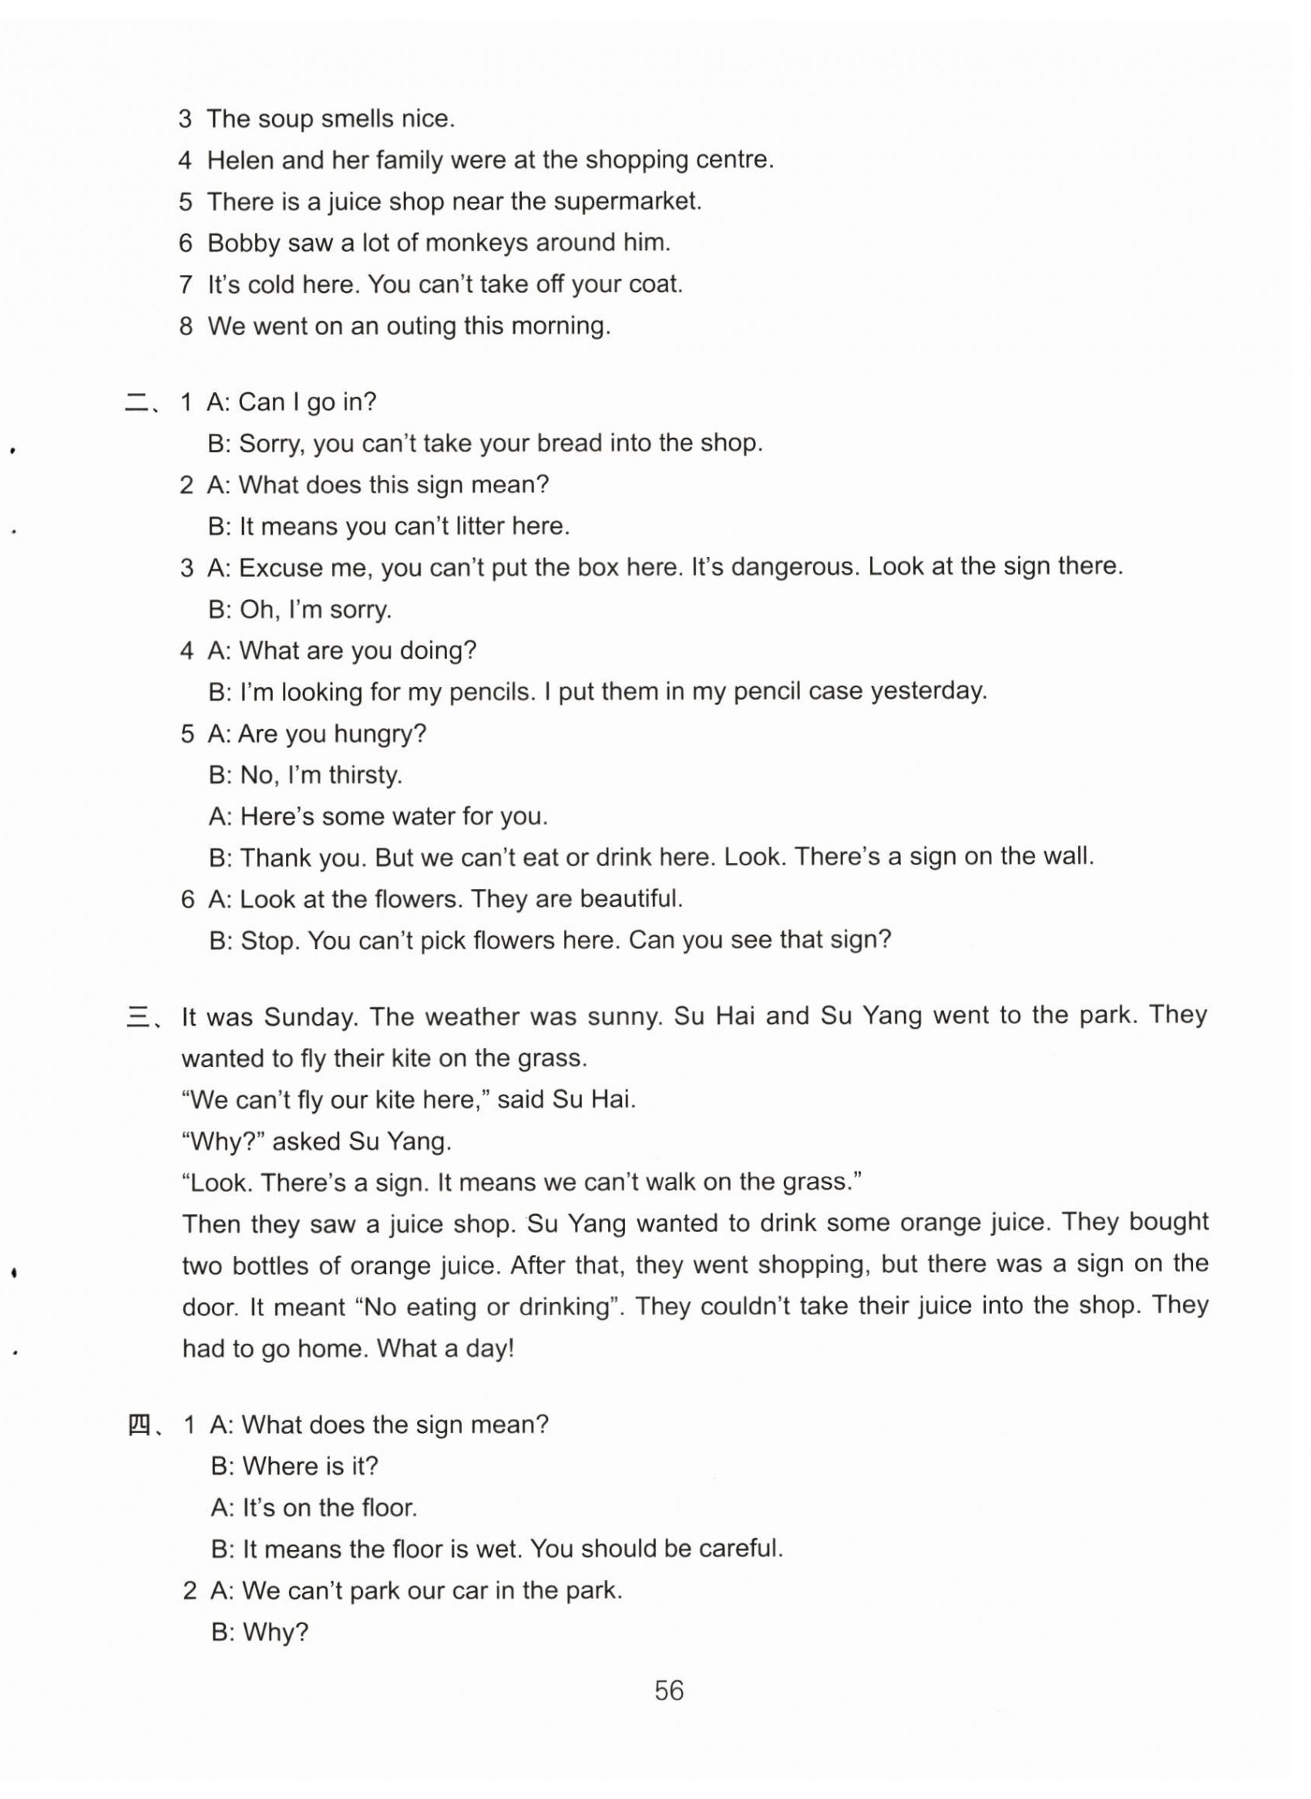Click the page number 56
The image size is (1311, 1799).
[668, 1690]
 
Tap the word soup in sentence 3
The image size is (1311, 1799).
[287, 119]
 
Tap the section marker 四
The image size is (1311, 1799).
[139, 1425]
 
